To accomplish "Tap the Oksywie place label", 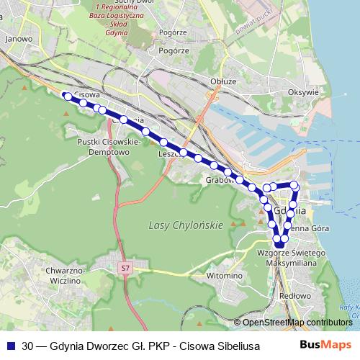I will click(x=302, y=92).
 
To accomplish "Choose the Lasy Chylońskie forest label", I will click(x=186, y=225).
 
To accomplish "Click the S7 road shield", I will click(x=125, y=268).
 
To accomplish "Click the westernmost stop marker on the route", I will click(x=66, y=96).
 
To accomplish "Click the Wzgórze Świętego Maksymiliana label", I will click(x=285, y=258).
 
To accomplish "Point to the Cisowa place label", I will click(x=86, y=94).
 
